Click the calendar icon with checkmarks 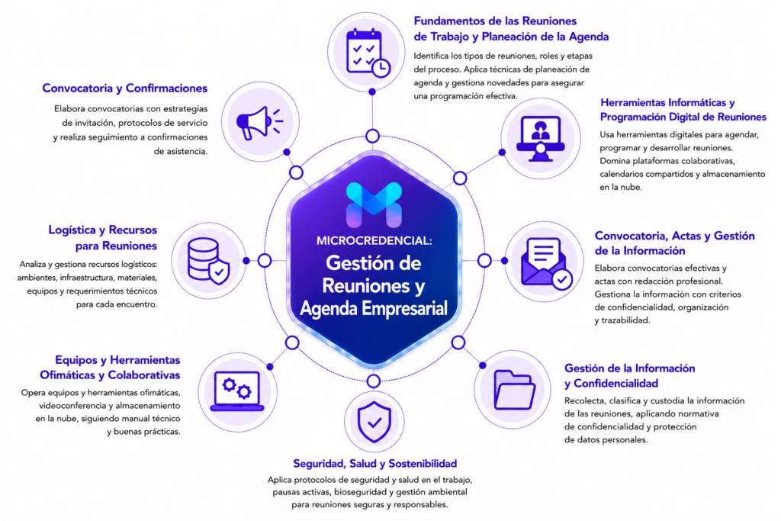tap(368, 53)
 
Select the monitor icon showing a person tap(541, 138)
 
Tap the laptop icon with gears tap(237, 391)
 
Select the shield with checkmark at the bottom tap(374, 422)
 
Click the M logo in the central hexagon tap(374, 204)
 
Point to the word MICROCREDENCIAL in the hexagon tap(374, 240)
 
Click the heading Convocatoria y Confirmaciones tap(124, 88)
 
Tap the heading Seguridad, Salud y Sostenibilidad tap(374, 464)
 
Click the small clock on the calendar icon tap(381, 68)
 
